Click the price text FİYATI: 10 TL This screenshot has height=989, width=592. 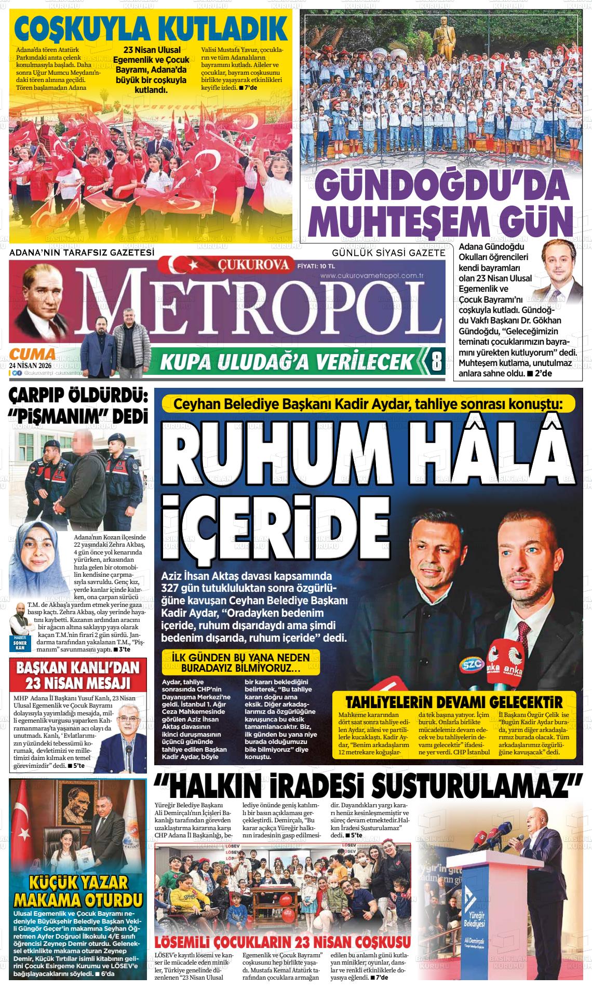coord(314,266)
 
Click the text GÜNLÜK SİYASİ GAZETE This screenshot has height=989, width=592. coord(388,253)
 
